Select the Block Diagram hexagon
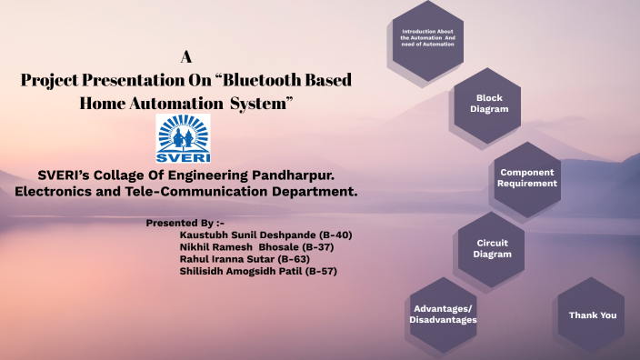coord(488,104)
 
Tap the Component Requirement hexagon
coord(527,177)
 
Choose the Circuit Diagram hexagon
coord(492,249)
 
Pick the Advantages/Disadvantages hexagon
coord(444,314)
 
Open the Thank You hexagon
coord(592,315)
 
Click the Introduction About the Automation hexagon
coord(427,39)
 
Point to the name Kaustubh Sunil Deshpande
coord(240,235)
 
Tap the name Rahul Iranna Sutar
coord(225,259)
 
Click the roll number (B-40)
coord(335,235)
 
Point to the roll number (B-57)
coord(322,271)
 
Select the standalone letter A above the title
coord(185,56)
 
